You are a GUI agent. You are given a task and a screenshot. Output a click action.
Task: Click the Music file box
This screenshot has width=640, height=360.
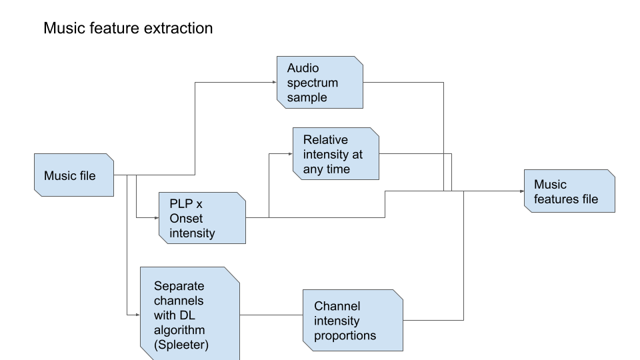74,175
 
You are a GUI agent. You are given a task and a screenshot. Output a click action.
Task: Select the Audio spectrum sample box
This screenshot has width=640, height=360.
320,83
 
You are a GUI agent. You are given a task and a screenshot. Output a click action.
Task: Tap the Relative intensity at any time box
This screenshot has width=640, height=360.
335,154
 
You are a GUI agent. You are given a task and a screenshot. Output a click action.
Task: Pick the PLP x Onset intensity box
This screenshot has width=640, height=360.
202,217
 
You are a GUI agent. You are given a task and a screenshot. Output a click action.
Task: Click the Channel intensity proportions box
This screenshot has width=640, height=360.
353,321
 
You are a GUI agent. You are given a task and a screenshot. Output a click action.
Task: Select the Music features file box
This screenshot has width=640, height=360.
569,191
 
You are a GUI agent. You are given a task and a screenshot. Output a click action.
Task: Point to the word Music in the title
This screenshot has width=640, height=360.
61,29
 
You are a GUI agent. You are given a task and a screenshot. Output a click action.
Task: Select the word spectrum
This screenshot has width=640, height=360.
313,83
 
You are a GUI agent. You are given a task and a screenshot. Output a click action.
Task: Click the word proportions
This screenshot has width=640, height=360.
345,335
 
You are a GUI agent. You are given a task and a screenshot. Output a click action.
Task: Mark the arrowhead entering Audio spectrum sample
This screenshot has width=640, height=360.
274,83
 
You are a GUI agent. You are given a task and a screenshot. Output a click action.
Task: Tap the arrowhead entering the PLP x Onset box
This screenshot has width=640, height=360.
156,217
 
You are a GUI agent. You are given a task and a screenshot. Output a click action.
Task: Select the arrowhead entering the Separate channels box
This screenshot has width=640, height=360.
137,313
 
